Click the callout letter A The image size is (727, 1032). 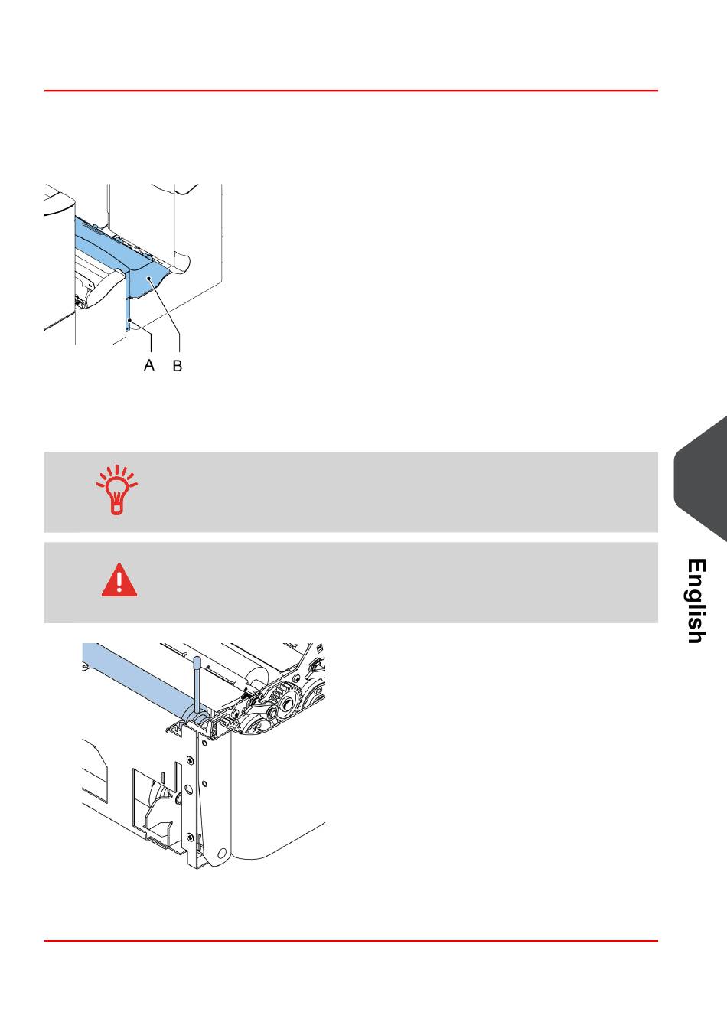coord(149,365)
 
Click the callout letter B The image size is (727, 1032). coord(177,367)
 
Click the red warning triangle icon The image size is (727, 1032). coord(119,580)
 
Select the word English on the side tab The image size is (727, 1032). coord(696,600)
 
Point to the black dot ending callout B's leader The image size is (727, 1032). coord(152,282)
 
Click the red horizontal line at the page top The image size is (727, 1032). coord(350,90)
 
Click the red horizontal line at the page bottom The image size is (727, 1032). coord(350,941)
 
